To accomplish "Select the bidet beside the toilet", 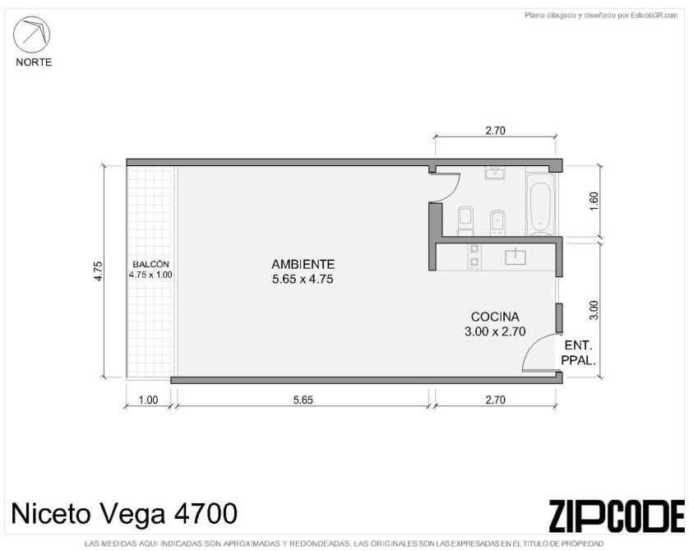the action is [x=497, y=222].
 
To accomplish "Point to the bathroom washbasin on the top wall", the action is [x=495, y=173].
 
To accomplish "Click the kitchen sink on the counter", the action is [x=516, y=256].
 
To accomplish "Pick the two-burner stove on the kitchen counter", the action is [x=474, y=256].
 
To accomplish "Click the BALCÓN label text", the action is [x=150, y=264].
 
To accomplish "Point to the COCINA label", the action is [x=495, y=317].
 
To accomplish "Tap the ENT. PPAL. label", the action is [x=578, y=353].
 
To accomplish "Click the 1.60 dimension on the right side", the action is [x=594, y=201].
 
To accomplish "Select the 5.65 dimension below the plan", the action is [x=303, y=400].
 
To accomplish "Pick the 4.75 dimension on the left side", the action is [x=98, y=271].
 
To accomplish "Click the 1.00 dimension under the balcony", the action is [x=148, y=400].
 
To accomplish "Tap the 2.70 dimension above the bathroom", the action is [x=495, y=131].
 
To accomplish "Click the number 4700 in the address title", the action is [x=206, y=513].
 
